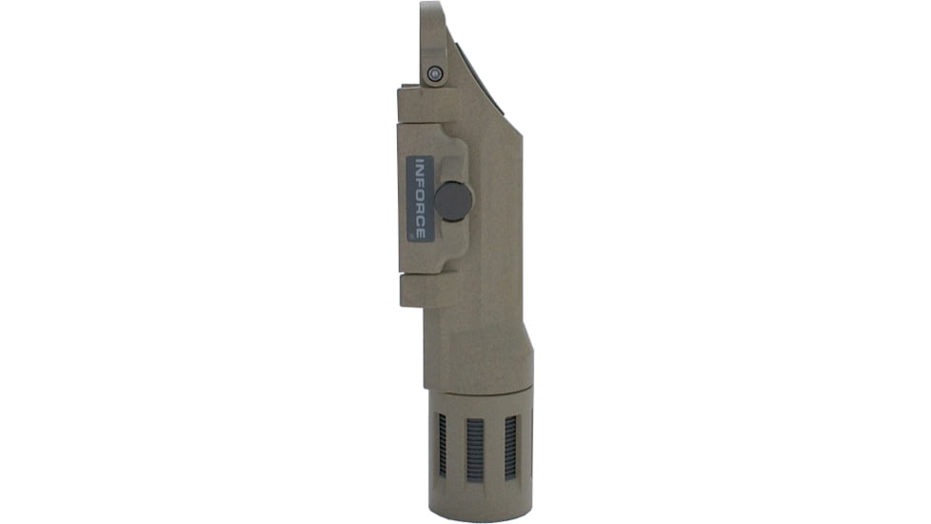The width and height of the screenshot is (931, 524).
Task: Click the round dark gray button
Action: click(x=453, y=201)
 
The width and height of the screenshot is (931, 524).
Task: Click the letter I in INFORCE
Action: click(x=420, y=163)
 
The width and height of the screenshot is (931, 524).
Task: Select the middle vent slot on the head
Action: click(x=475, y=448)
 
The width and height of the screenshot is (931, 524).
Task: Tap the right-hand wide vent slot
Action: click(x=510, y=448)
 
